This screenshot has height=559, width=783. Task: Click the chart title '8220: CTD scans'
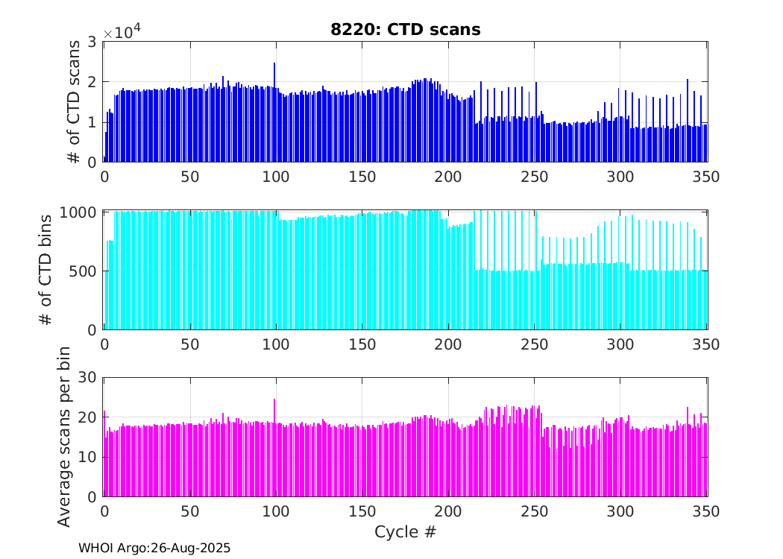(406, 30)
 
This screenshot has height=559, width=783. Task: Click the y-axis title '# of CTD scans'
(74, 102)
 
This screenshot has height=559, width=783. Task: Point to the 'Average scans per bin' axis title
(64, 437)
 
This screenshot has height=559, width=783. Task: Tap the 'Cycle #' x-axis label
(405, 532)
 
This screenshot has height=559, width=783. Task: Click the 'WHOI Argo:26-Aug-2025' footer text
(154, 548)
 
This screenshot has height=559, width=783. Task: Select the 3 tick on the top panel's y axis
(92, 42)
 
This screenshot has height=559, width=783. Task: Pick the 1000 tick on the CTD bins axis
(78, 212)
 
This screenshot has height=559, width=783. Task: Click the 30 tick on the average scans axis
(87, 378)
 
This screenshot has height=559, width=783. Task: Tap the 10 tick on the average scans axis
(87, 457)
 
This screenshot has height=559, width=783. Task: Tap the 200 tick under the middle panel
(448, 344)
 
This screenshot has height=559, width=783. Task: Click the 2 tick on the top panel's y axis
(92, 82)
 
